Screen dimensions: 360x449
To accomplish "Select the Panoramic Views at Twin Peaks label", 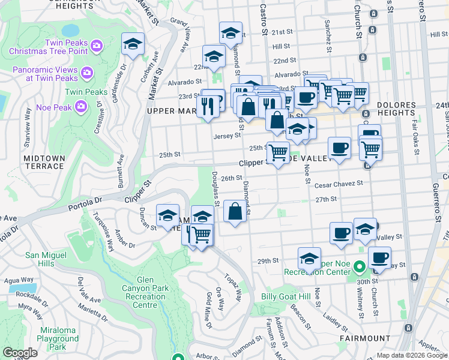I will click(x=46, y=74).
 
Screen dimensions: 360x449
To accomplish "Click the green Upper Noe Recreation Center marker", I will click(x=359, y=265).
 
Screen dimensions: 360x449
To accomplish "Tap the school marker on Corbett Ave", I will click(x=133, y=44).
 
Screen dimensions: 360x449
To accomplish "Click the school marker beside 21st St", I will click(x=231, y=34).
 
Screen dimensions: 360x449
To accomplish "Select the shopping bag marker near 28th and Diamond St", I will click(x=235, y=211).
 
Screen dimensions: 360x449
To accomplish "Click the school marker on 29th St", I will click(x=309, y=259).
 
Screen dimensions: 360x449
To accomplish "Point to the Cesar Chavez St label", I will click(x=339, y=184).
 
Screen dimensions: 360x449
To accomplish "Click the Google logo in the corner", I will click(x=20, y=353).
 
